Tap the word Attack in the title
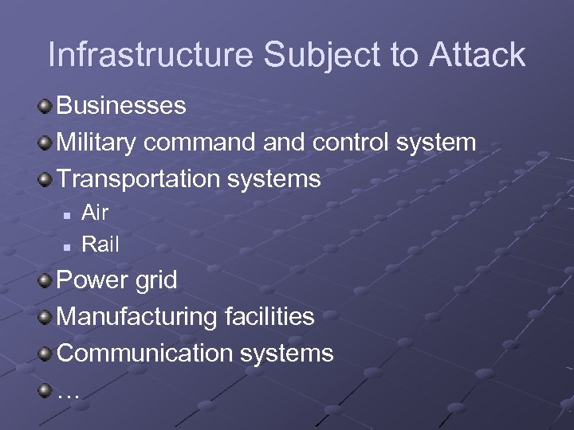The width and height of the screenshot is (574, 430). tap(478, 55)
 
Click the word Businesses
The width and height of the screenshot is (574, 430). tap(121, 106)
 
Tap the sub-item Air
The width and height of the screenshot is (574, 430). tap(95, 213)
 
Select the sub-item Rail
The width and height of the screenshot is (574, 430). tap(100, 244)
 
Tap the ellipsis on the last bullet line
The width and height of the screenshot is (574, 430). tap(69, 393)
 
